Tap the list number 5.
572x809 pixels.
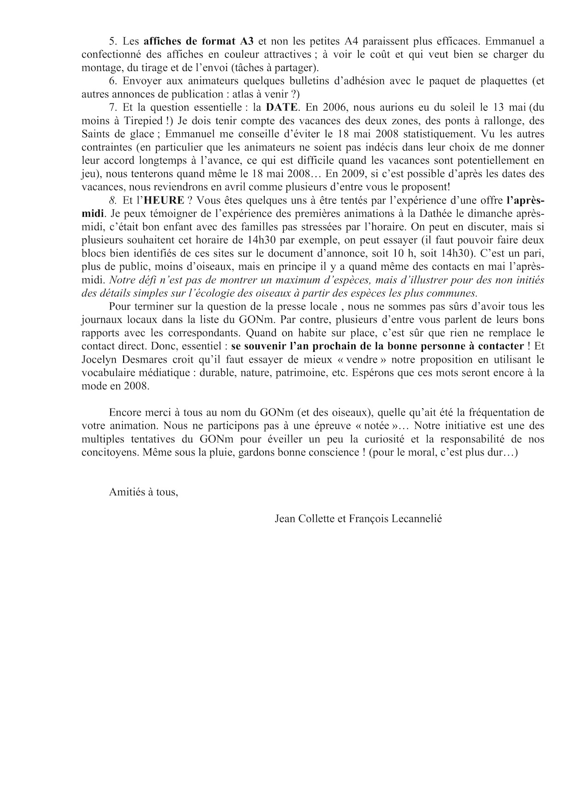(112, 41)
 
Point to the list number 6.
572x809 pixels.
(112, 81)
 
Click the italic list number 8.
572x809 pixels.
(112, 201)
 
